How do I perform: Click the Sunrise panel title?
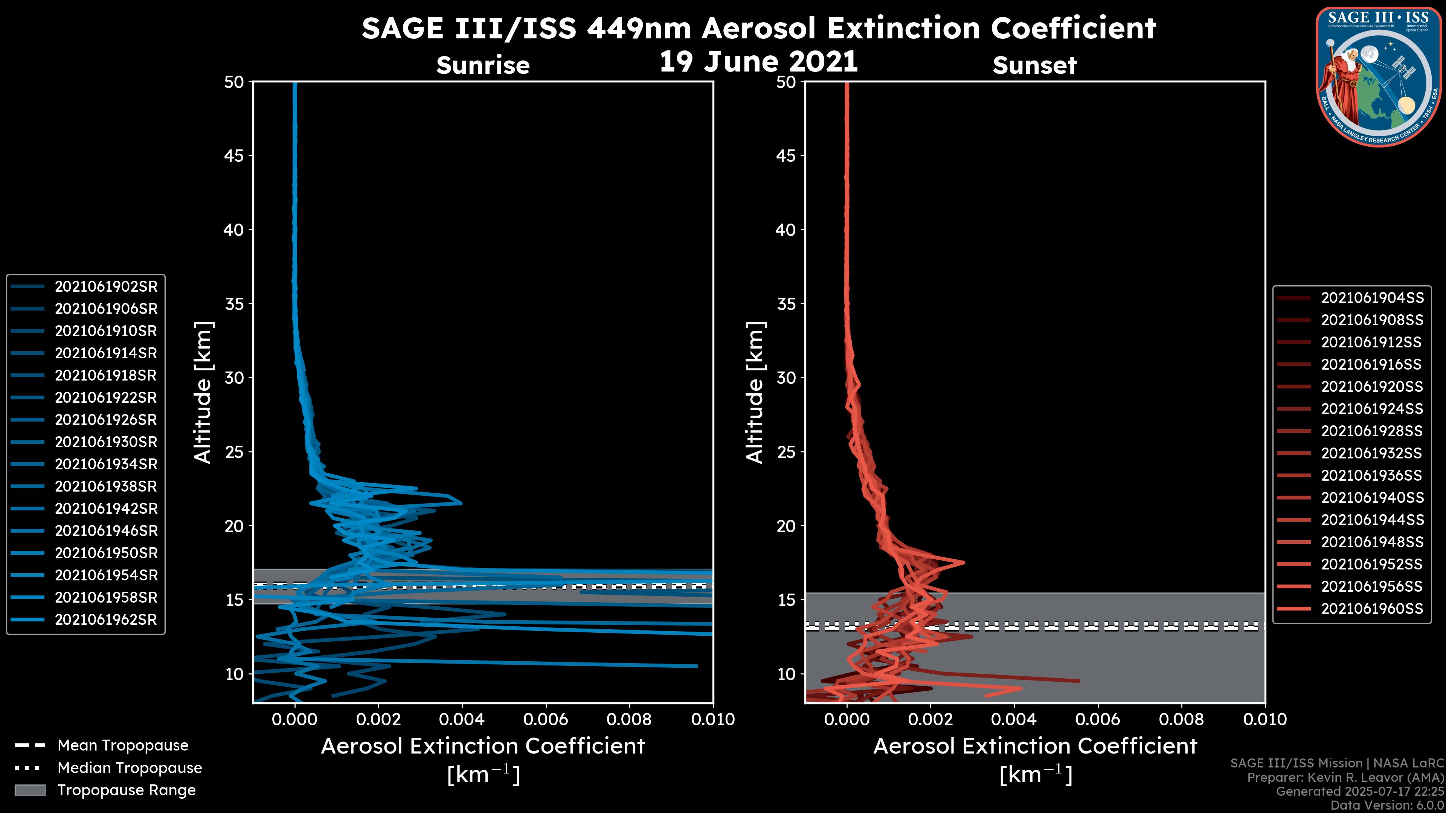(x=483, y=65)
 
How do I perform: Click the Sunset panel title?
(x=1034, y=65)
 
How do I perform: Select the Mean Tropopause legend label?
(x=123, y=746)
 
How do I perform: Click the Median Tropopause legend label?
(x=130, y=768)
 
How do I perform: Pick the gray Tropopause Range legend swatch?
(x=30, y=790)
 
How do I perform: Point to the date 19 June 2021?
(x=758, y=62)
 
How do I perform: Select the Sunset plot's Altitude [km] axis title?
(x=755, y=393)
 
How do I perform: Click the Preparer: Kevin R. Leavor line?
(x=1345, y=778)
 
